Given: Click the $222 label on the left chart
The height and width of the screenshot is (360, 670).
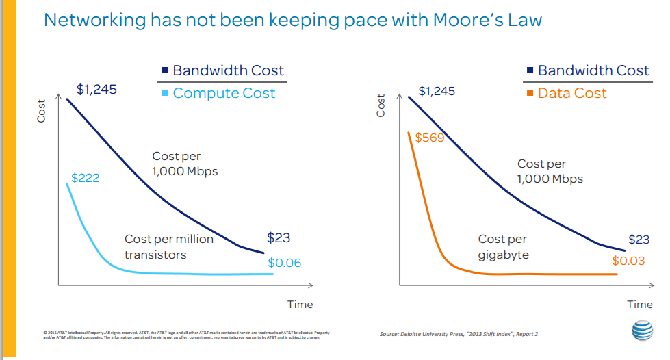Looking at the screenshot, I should pos(86,178).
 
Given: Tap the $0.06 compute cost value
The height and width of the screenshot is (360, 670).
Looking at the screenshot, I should pos(284,262).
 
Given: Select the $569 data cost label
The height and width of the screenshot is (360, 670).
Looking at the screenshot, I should pos(430,138).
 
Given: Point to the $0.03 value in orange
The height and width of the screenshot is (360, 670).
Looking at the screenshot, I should pos(628,261).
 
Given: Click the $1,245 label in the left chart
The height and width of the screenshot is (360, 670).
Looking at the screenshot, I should pos(96,90).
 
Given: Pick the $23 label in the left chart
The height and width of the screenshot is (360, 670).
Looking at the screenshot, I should pos(279,238).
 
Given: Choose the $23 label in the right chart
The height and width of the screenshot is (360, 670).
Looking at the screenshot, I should pos(639,240).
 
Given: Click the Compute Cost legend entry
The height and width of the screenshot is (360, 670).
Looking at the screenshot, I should pos(224,93).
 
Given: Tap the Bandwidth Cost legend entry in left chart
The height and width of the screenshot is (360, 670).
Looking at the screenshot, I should pos(228,70).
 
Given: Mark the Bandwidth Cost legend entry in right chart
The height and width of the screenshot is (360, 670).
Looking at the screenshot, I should pos(593,70).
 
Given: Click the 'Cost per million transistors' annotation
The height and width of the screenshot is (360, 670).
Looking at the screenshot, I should pos(169,247).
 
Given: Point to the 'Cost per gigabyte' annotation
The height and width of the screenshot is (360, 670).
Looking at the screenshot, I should pos(503,247).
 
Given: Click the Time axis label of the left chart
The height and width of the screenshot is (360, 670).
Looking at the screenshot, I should pos(300,304).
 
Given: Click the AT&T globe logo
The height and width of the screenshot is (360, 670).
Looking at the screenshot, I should pos(642,330).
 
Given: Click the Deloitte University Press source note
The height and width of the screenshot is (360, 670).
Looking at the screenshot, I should pos(459,334).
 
